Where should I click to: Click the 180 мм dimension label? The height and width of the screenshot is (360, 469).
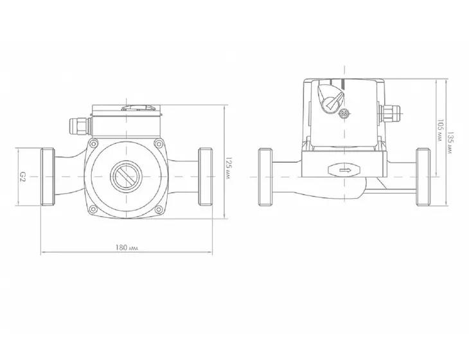point(127,248)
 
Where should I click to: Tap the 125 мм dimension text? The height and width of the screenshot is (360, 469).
point(228,168)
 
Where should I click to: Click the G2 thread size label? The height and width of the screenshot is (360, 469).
point(23,176)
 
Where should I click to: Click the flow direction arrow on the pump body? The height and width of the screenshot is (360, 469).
point(345,170)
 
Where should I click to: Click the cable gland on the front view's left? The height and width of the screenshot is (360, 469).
point(80,126)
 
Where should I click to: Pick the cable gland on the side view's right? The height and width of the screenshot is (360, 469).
point(390,114)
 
